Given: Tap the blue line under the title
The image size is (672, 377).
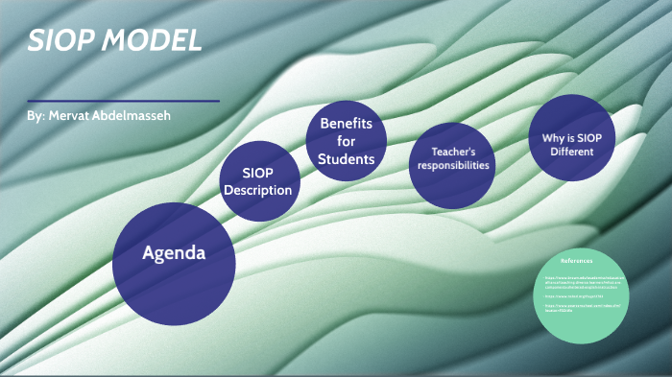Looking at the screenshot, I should (x=124, y=101).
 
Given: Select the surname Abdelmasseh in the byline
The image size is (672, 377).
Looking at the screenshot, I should (x=137, y=116).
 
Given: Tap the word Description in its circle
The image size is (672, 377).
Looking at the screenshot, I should (x=258, y=190).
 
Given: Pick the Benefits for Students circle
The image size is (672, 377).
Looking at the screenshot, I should (x=346, y=141).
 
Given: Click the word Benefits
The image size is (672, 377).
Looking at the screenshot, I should (x=346, y=124).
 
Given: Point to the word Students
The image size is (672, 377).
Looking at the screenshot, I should (x=346, y=158).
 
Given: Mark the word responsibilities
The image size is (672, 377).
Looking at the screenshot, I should (x=453, y=165).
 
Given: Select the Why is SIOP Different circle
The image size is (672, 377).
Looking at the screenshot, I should (x=571, y=137).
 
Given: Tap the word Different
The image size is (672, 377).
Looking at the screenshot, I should (x=572, y=152).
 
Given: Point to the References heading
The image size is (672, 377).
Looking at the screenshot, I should (x=577, y=260).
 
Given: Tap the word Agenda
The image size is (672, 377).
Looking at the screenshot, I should (x=174, y=254).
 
